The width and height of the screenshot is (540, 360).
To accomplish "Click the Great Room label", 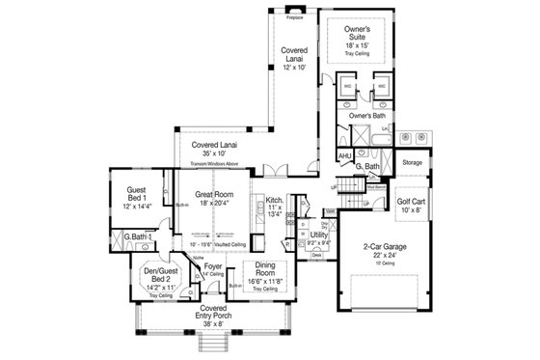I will pyautogui.click(x=215, y=194).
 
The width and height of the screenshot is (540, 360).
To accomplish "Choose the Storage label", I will pyautogui.click(x=413, y=162).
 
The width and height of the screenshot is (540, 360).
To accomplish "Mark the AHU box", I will pyautogui.click(x=344, y=155).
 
